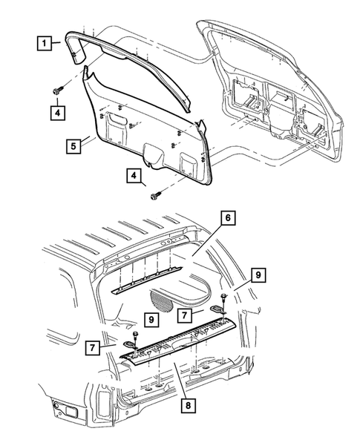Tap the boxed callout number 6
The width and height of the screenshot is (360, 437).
click(x=227, y=217)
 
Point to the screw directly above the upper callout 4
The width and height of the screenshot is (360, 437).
click(x=57, y=88)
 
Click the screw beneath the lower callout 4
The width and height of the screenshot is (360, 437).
click(x=156, y=197)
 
